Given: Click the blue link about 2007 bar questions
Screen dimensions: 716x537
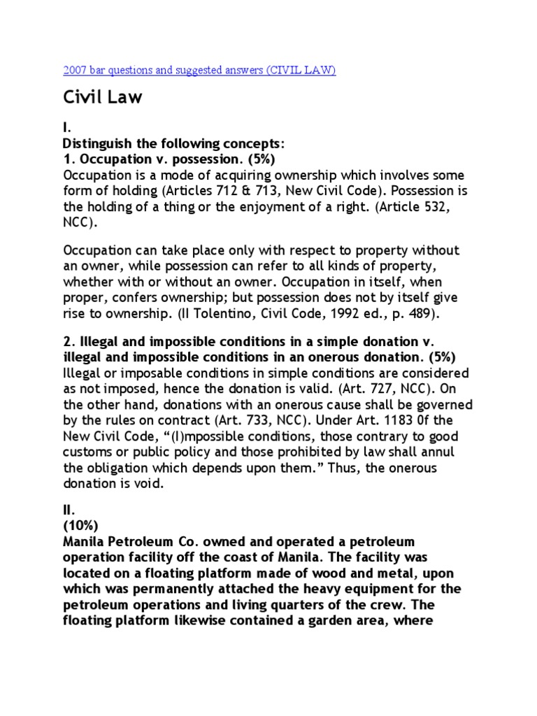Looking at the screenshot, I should (x=199, y=71).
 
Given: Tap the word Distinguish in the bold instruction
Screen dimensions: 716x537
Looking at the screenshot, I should (x=96, y=143).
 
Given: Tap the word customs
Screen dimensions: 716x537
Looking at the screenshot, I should (x=89, y=452).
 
